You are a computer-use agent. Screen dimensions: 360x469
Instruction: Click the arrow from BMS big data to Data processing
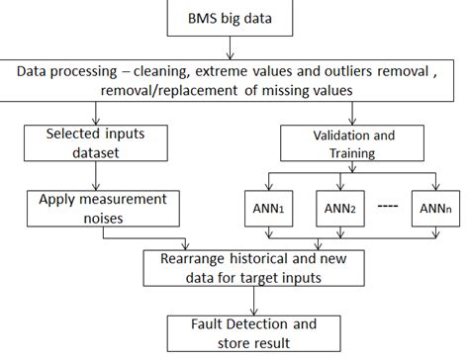click(x=229, y=48)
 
